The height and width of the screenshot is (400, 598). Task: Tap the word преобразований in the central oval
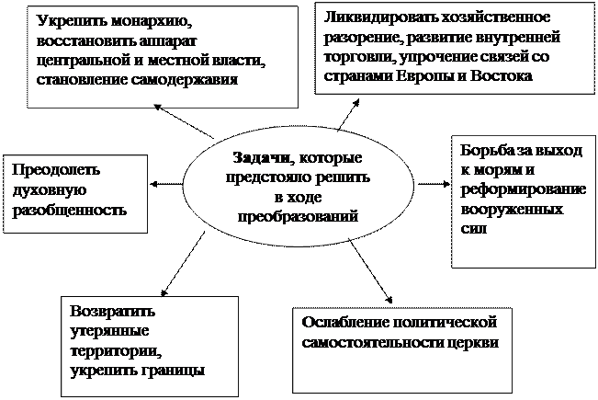[296, 216]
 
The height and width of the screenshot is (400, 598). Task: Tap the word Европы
[422, 74]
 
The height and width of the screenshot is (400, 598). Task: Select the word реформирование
[525, 189]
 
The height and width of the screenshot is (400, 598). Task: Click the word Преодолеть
[54, 171]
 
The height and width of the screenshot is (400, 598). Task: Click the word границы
[175, 371]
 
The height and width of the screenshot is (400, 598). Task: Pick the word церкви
[472, 343]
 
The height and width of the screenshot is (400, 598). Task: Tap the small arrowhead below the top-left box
[157, 107]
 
